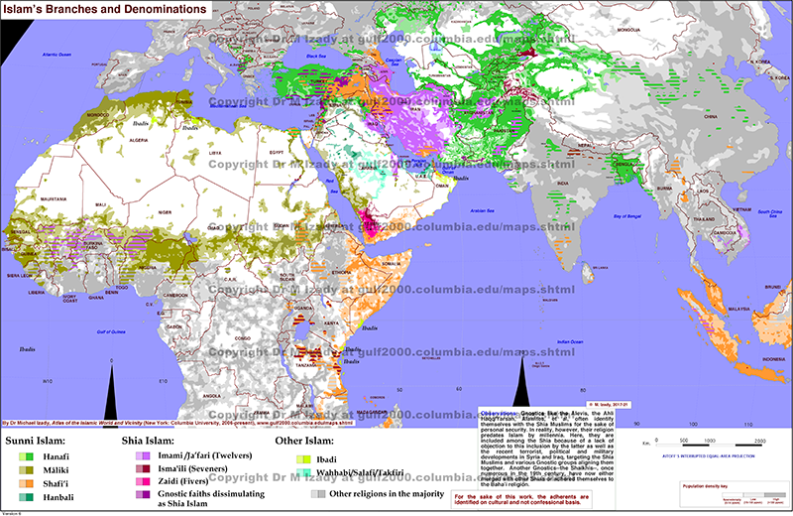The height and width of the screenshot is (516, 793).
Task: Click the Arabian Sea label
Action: pos(483,210)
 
